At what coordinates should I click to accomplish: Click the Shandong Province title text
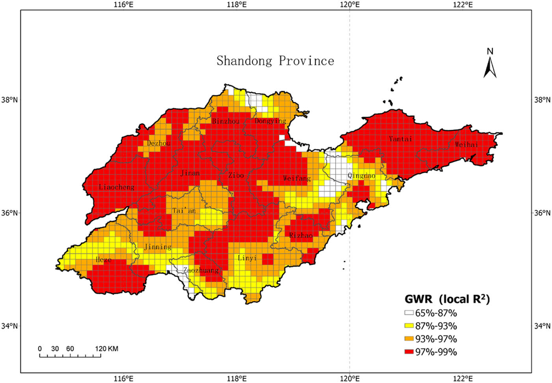[x=275, y=61]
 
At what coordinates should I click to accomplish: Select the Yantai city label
[x=400, y=139]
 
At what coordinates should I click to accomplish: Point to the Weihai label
[x=466, y=145]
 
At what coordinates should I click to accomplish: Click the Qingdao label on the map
[x=361, y=176]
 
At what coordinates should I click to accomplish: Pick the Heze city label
[x=103, y=260]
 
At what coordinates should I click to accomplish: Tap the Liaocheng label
[x=116, y=187]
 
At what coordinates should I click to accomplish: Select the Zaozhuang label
[x=201, y=270]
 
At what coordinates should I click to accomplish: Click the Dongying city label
[x=270, y=121]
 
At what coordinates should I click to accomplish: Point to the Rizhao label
[x=301, y=235]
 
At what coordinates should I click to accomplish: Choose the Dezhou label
[x=159, y=143]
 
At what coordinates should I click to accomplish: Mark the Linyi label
[x=247, y=258]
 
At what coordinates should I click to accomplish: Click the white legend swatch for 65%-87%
[x=409, y=313]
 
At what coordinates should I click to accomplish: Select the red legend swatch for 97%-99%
[x=409, y=352]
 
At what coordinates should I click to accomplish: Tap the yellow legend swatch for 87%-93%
[x=409, y=326]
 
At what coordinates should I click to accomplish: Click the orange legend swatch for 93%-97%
[x=409, y=339]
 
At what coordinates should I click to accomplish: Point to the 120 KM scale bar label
[x=106, y=349]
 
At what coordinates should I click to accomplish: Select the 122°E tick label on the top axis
[x=463, y=5]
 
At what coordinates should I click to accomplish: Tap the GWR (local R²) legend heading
[x=447, y=299]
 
